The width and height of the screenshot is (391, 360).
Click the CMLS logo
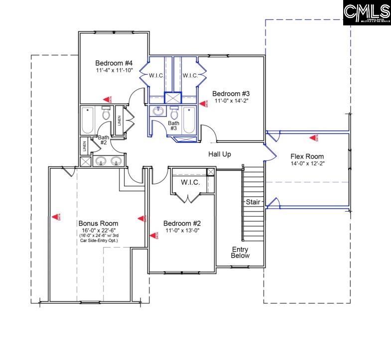[367, 12]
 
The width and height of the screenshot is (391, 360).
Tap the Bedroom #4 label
[114, 63]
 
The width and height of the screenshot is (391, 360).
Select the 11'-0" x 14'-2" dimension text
[231, 101]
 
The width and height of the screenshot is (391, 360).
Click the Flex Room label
[307, 156]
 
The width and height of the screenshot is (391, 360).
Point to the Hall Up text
[219, 154]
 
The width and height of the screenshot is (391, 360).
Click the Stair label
[252, 202]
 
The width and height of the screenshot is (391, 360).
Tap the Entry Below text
[240, 252]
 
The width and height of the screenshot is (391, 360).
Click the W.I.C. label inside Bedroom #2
[190, 183]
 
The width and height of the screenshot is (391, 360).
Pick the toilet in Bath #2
[106, 114]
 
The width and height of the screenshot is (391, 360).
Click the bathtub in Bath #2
[88, 120]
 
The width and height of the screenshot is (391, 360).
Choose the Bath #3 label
[173, 125]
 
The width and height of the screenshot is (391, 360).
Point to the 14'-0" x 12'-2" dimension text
[307, 163]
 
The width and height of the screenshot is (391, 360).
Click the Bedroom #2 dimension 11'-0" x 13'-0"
[182, 231]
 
